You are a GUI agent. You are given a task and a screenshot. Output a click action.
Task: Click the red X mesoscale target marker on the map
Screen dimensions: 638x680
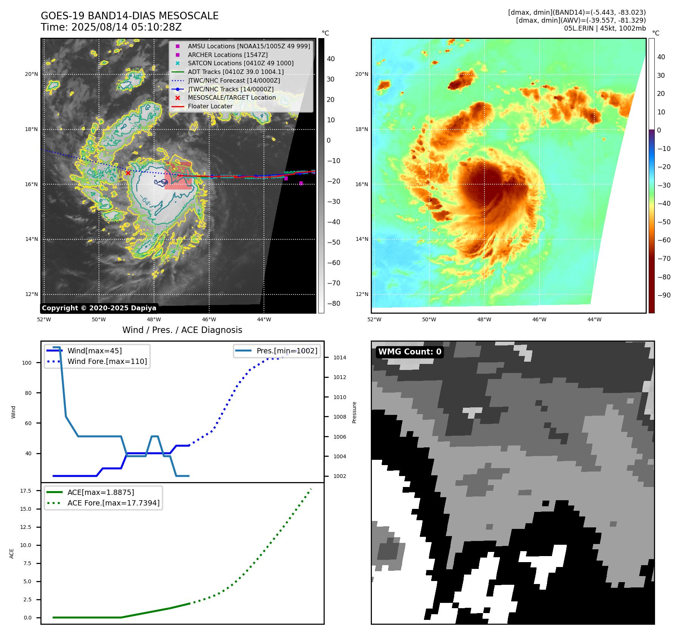(128, 173)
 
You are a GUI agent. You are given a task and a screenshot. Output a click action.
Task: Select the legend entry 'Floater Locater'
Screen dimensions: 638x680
(210, 106)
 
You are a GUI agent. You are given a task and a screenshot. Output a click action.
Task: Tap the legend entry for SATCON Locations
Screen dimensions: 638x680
(241, 63)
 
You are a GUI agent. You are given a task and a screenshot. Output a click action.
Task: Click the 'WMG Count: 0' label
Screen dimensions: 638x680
(410, 352)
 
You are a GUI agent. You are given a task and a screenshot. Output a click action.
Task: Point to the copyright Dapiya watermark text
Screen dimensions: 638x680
(99, 308)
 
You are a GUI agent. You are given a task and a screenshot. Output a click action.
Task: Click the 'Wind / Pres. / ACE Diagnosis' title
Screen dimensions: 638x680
(182, 330)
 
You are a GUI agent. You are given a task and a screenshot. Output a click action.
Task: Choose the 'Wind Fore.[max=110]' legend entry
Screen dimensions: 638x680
(107, 361)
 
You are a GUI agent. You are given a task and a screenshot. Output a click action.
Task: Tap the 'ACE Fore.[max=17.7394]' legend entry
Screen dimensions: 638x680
(113, 503)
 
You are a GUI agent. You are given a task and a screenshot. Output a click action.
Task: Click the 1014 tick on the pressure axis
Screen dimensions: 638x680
(339, 358)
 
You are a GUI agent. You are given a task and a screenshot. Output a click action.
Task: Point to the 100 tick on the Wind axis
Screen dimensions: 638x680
(27, 363)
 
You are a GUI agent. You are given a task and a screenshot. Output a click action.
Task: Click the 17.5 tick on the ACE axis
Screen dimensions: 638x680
(26, 491)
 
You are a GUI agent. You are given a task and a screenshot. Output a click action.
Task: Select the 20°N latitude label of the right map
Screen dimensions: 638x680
(361, 74)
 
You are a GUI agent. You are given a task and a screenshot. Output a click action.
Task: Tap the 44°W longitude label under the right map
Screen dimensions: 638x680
(594, 319)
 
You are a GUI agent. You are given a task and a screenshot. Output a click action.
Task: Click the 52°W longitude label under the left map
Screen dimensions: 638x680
(44, 319)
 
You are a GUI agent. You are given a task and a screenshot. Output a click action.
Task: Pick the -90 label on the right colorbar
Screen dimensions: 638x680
(664, 295)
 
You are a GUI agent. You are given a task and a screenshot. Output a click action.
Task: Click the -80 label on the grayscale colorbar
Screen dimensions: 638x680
(333, 304)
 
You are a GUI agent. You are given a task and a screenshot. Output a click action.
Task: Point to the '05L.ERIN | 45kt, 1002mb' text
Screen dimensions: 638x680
(605, 28)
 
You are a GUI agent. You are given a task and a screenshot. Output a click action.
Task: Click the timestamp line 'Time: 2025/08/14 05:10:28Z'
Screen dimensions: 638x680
(111, 27)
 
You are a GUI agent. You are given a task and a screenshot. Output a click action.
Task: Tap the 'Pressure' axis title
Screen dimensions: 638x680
(354, 412)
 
